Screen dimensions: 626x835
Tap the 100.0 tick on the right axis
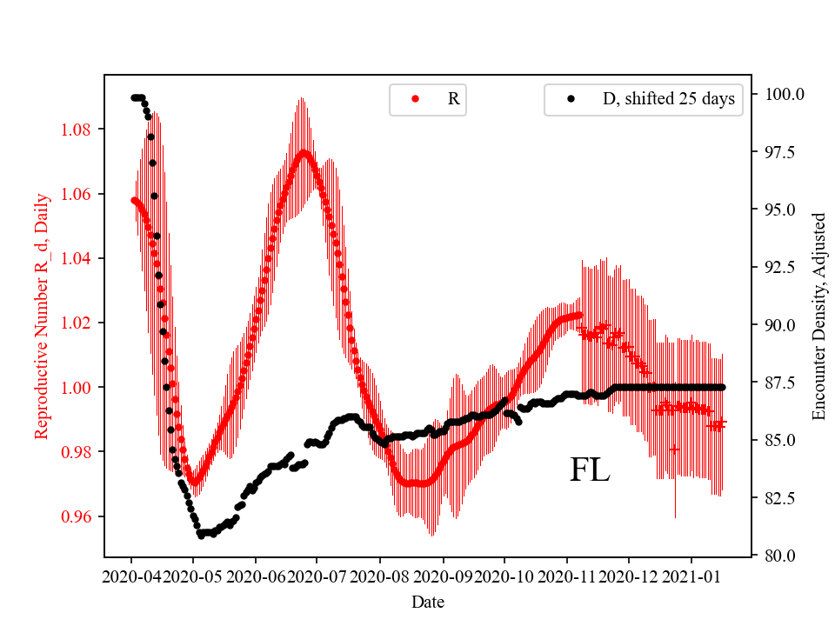click(x=785, y=94)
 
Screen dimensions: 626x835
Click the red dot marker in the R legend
click(x=415, y=99)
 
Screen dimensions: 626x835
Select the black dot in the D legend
click(x=571, y=99)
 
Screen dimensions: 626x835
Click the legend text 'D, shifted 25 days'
click(x=668, y=99)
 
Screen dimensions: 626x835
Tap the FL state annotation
click(x=590, y=470)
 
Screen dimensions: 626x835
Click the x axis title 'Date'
click(x=428, y=601)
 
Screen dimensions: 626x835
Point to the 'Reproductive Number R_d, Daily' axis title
click(x=41, y=315)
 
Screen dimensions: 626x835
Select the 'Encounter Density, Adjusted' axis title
click(x=818, y=315)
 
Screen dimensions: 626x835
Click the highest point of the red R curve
click(x=304, y=152)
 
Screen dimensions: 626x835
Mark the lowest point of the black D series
click(x=201, y=536)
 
